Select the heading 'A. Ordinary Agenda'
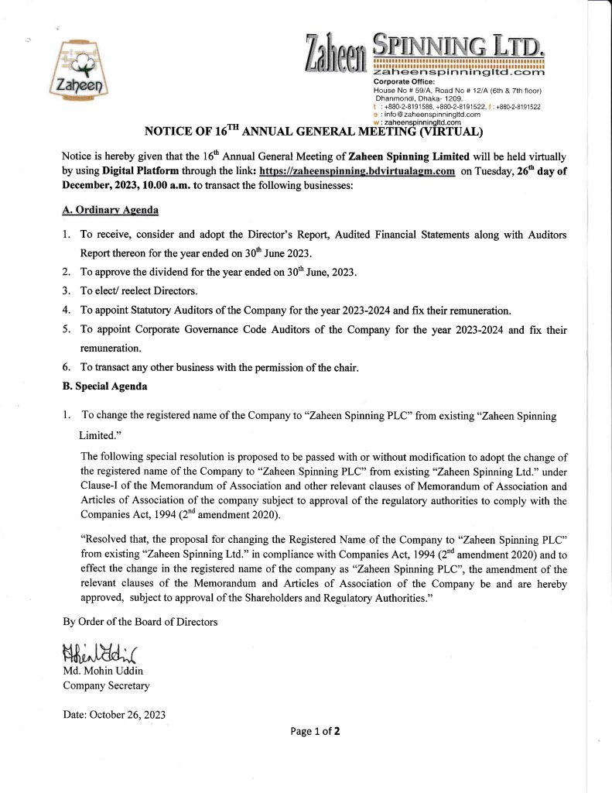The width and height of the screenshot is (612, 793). tap(111, 209)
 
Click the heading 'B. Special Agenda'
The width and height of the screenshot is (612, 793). tap(104, 386)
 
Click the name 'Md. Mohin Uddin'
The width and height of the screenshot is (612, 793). tap(101, 670)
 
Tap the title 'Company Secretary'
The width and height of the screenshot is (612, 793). tap(106, 685)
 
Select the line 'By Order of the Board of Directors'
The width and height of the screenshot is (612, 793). tap(140, 621)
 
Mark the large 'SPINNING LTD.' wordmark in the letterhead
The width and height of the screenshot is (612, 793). tap(459, 45)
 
